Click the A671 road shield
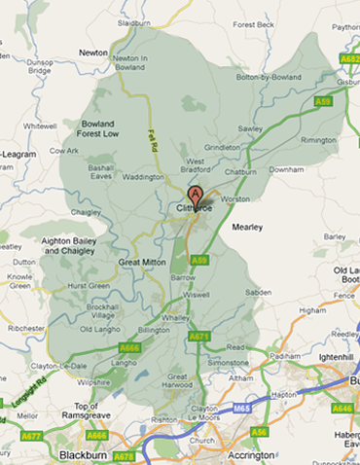tap(198, 336)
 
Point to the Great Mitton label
tap(141, 262)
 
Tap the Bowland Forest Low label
tap(98, 128)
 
